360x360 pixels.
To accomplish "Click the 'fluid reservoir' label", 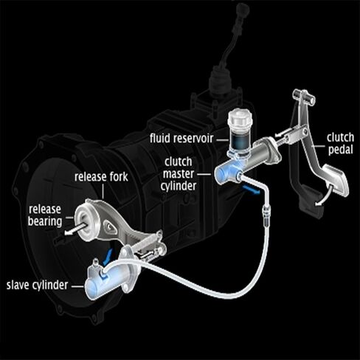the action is tap(181, 138).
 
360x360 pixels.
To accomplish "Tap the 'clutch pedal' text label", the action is tap(341, 144).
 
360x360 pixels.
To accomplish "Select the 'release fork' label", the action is tap(101, 177).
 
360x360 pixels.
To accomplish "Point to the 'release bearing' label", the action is tap(45, 215).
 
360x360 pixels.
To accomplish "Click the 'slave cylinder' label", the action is tap(37, 285).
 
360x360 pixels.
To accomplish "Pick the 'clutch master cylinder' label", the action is tap(179, 174).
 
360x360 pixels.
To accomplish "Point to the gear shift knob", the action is tap(243, 11).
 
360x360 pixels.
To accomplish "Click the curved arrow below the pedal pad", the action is tap(324, 196).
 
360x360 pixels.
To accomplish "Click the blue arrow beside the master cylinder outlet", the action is tap(251, 190).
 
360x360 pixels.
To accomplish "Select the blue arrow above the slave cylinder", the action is tap(108, 257).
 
